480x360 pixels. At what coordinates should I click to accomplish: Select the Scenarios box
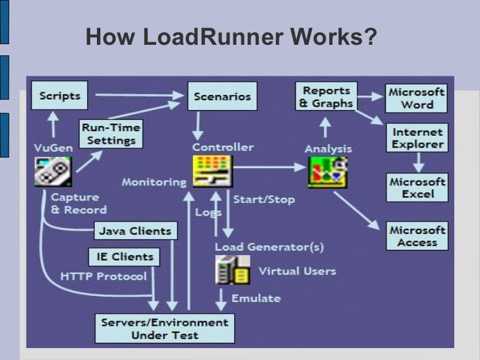[x=222, y=96]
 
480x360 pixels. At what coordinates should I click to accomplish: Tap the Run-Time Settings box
[x=110, y=133]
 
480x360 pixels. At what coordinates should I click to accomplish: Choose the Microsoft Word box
[x=417, y=98]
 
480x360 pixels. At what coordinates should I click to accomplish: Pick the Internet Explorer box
[x=417, y=138]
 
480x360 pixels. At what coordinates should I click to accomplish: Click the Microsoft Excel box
[x=417, y=187]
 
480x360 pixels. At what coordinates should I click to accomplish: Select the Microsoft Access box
[x=417, y=236]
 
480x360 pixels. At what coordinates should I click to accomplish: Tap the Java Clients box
[x=135, y=231]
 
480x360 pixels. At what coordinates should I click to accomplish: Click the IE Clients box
[x=122, y=256]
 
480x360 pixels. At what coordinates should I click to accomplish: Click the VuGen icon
[x=53, y=171]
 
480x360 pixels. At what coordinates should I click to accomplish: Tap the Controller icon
[x=212, y=171]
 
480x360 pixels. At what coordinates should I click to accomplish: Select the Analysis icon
[x=328, y=171]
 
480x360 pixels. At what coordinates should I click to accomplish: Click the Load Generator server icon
[x=232, y=270]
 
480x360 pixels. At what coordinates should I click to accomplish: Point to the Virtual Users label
[x=297, y=271]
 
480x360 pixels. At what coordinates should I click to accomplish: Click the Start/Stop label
[x=264, y=199]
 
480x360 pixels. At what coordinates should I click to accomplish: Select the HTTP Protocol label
[x=104, y=276]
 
